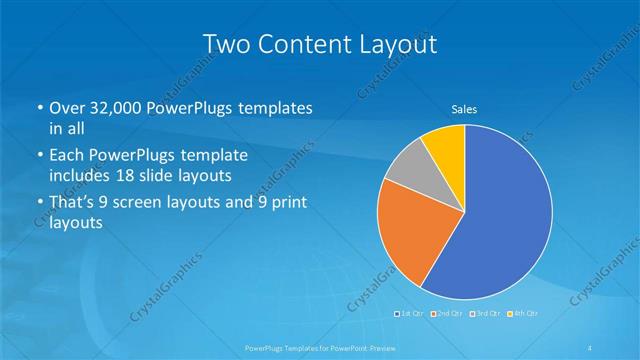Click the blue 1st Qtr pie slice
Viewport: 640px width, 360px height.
click(500, 220)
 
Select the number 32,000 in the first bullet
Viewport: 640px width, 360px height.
click(117, 108)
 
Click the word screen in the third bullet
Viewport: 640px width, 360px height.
click(140, 203)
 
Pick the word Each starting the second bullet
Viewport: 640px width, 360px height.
click(68, 157)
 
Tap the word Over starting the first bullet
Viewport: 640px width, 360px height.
click(68, 108)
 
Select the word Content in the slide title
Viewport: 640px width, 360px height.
click(305, 44)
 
